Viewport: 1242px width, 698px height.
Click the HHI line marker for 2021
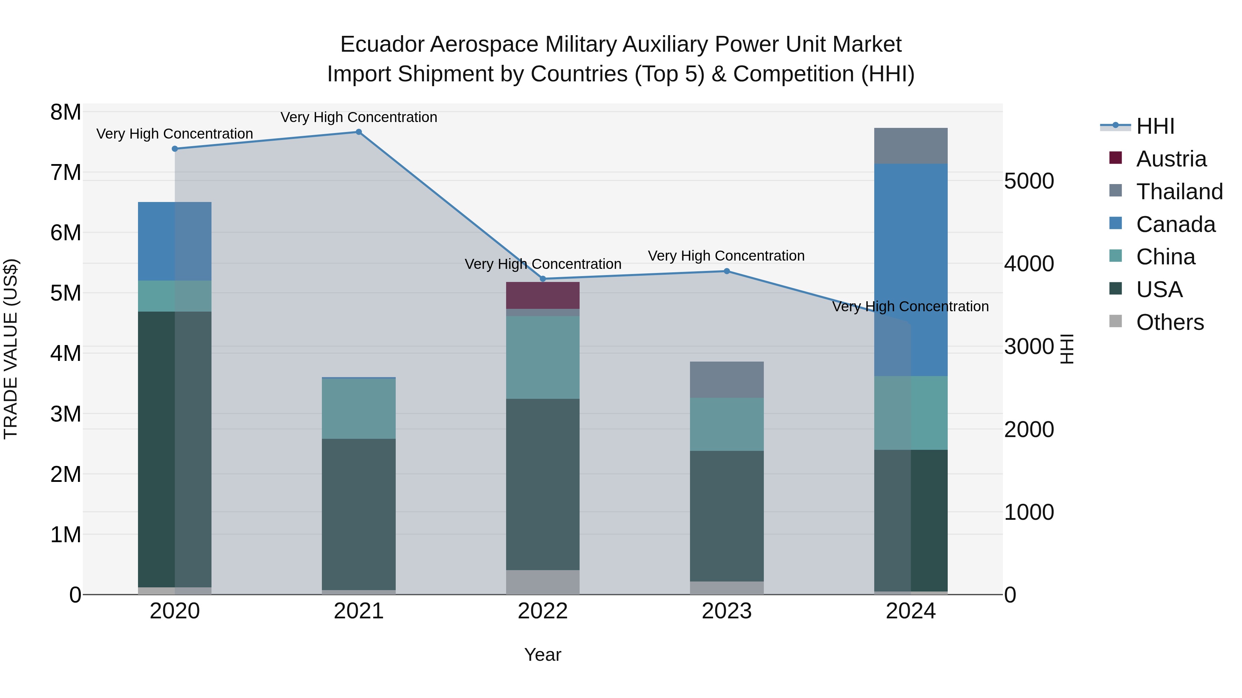(359, 132)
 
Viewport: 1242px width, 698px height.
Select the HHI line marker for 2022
(543, 279)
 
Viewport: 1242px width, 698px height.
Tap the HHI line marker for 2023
(727, 271)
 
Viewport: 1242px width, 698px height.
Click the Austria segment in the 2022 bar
(543, 295)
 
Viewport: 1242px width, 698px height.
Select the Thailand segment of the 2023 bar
(727, 380)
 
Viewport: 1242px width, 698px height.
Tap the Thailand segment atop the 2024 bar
(911, 145)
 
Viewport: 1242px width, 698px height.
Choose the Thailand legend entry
(1179, 192)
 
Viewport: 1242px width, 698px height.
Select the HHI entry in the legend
(1155, 126)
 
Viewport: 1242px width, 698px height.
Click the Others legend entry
(1169, 322)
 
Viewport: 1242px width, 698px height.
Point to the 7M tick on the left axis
(66, 172)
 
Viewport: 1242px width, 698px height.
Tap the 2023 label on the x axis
(727, 611)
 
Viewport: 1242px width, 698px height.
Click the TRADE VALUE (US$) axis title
(11, 349)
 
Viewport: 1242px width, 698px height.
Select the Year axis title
(543, 655)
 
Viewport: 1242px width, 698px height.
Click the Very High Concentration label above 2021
(359, 117)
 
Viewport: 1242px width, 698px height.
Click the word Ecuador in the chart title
(382, 44)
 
